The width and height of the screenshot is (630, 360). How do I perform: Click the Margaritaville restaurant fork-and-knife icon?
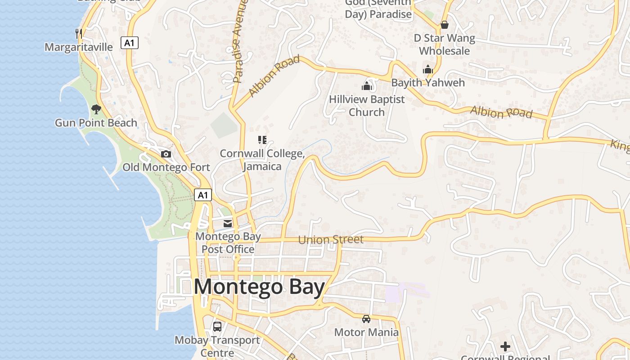pos(78,33)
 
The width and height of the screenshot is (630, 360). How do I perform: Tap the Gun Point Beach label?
pos(96,123)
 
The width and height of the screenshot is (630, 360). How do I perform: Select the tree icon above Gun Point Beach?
pos(96,109)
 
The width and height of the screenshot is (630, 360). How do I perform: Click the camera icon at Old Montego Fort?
pos(166,154)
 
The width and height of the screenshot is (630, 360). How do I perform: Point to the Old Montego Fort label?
pos(166,167)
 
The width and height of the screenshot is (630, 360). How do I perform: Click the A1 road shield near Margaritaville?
pos(130,43)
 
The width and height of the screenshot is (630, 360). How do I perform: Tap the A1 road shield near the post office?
pos(203,195)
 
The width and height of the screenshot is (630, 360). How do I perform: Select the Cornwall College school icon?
pos(262,140)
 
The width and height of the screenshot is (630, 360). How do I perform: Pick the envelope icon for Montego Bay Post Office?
pos(228,223)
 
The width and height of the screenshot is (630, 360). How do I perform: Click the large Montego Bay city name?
pos(259,287)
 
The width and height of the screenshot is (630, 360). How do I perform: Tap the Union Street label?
pos(331,239)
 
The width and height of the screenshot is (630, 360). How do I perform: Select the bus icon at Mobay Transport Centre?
pos(217,327)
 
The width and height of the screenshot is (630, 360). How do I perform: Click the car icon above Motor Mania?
pos(366,319)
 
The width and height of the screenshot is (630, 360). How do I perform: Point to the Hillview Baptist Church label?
pos(367,106)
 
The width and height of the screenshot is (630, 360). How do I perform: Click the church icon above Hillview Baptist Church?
pos(367,86)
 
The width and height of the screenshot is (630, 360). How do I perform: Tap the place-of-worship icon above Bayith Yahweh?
pos(427,69)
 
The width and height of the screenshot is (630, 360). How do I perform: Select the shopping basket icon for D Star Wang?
pos(445,25)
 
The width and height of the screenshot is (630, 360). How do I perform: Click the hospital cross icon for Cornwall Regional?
pos(505,346)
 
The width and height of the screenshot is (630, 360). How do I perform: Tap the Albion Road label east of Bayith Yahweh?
pos(501,112)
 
